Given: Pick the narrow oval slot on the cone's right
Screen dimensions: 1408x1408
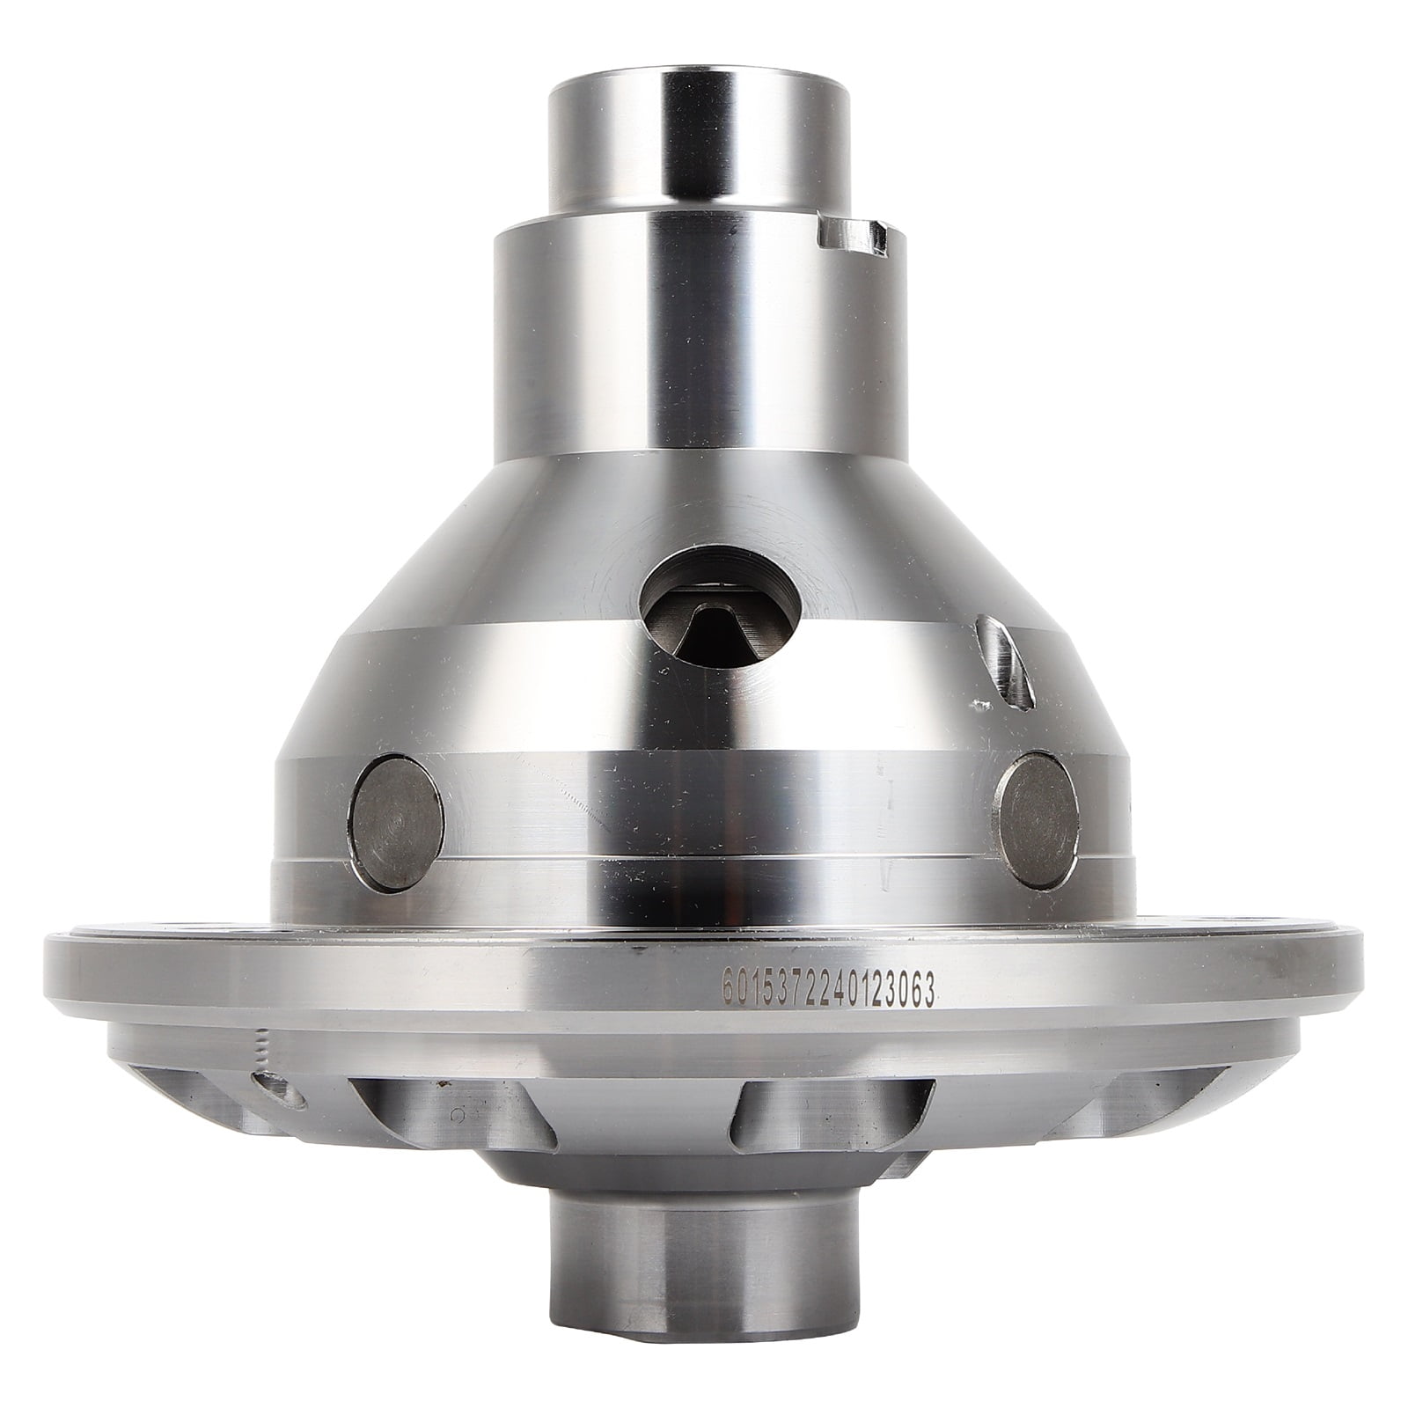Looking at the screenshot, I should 994,650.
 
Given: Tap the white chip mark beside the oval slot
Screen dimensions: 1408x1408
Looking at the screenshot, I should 974,679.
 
